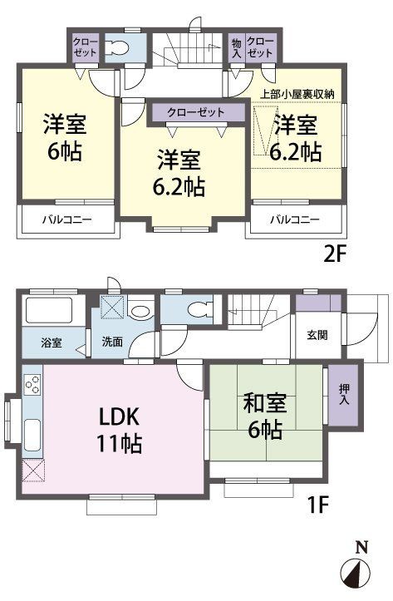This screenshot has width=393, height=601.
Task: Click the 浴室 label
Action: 50,342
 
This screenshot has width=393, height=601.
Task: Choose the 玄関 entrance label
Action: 317,335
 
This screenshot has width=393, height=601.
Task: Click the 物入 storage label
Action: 237,47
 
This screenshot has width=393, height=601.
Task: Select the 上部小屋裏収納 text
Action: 297,94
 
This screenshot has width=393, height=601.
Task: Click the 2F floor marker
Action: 333,254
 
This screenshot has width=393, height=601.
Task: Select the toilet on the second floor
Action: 119,48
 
